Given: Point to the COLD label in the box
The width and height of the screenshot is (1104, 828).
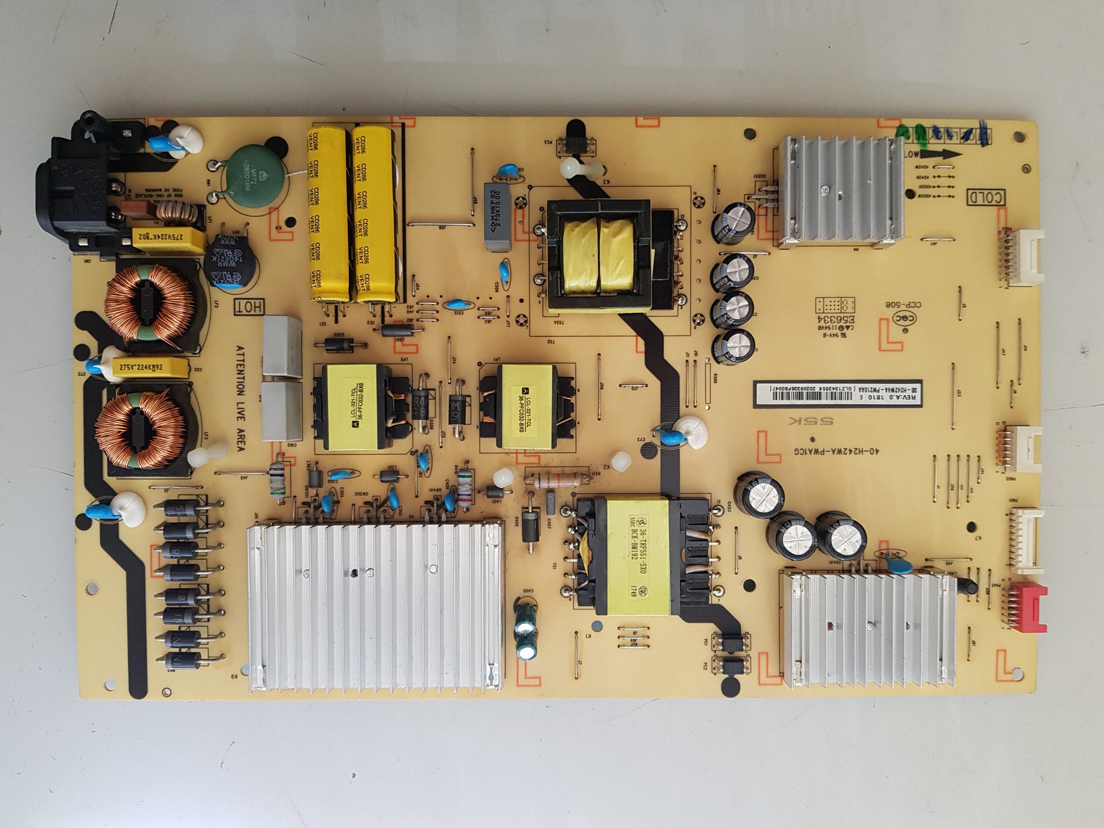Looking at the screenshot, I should pyautogui.click(x=985, y=197).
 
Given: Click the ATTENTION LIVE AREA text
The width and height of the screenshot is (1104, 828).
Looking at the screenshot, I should pyautogui.click(x=240, y=398).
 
